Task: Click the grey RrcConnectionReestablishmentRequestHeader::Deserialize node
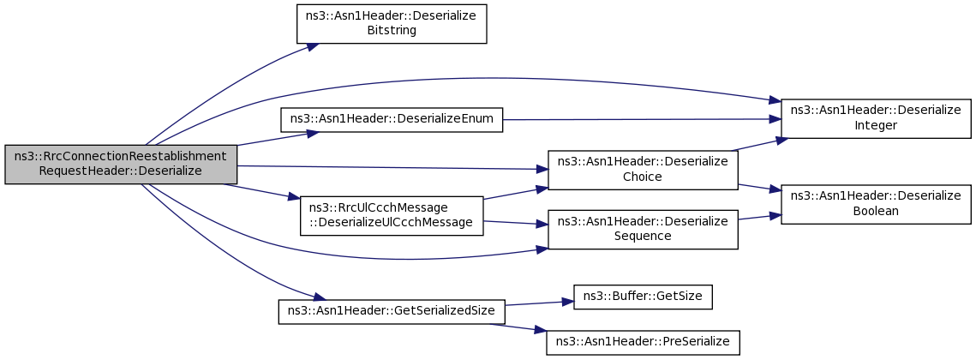coord(121,165)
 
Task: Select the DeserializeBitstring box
coord(391,24)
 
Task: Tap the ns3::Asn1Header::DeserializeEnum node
coord(392,120)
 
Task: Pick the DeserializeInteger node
coord(876,118)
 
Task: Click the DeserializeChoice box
coord(643,170)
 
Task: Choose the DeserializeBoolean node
coord(876,204)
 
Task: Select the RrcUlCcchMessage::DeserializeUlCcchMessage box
coord(392,215)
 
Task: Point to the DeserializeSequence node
coord(643,230)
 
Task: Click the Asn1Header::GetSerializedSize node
coord(392,312)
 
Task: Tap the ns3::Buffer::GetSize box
coord(643,297)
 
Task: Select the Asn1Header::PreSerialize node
coord(643,343)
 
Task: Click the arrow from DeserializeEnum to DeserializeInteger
coord(642,119)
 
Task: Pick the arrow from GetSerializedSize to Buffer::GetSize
coord(539,303)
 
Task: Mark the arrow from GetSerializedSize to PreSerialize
coord(518,327)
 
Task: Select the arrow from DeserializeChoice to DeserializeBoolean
coord(759,188)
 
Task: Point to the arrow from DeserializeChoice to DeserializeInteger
coord(757,145)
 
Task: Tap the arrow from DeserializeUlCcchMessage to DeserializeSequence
coord(515,223)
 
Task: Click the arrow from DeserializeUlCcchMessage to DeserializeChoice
coord(515,193)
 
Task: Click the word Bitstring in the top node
coord(391,31)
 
